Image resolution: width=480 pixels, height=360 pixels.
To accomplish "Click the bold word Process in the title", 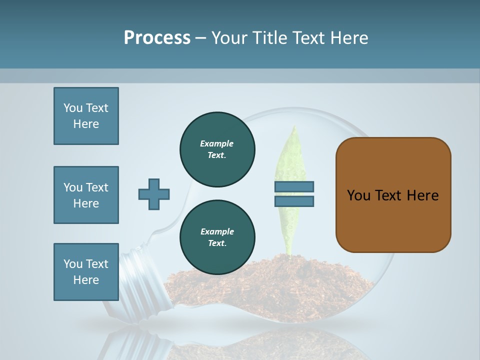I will coord(157,37).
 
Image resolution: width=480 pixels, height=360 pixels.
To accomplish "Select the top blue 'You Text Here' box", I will coord(86,116).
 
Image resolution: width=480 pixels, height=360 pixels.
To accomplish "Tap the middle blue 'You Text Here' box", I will coord(86,195).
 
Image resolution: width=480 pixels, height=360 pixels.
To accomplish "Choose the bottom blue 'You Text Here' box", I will coord(86,272).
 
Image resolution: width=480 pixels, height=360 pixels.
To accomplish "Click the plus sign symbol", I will coord(154,194).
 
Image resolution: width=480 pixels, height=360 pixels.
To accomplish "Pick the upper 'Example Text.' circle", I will coord(217,149).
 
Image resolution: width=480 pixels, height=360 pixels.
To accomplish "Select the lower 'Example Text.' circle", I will coord(217,237).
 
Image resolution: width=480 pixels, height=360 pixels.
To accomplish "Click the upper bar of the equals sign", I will coord(294,187).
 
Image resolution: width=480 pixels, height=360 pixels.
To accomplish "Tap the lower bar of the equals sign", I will coord(294,201).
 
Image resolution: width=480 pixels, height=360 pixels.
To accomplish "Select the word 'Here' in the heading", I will coord(350,38).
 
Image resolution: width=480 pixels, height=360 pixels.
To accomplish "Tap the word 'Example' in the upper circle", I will coord(217,143).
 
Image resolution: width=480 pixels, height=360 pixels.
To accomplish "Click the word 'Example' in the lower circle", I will coord(217,231).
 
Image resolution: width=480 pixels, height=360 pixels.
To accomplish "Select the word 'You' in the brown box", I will coord(358,195).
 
